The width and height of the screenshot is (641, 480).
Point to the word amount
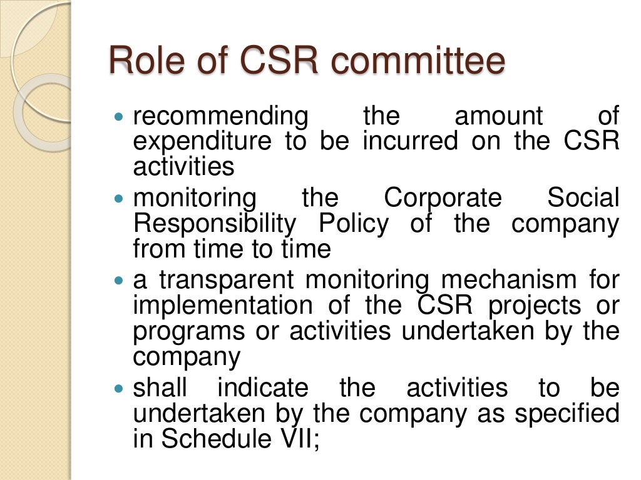(498, 116)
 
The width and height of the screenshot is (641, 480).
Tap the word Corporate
(443, 199)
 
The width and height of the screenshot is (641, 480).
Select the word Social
(583, 198)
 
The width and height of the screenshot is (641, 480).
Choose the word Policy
(354, 224)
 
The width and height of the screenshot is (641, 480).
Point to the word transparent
(228, 280)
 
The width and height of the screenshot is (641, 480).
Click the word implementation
(222, 306)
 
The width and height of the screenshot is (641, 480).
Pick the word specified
(567, 414)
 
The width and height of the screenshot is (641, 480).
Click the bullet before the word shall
(121, 388)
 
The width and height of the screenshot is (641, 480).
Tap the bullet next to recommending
(121, 117)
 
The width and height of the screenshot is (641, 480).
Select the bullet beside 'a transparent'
(121, 281)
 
